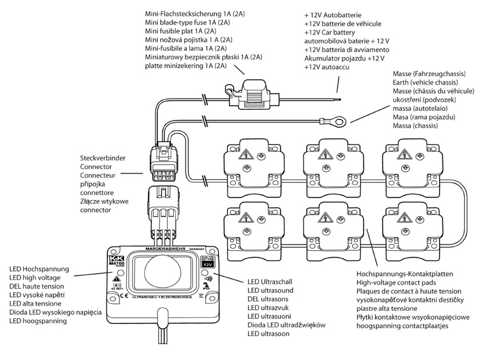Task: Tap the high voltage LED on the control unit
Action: click(x=116, y=270)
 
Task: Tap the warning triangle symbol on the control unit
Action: click(x=116, y=279)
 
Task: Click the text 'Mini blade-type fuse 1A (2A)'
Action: click(x=187, y=22)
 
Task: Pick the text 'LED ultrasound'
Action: click(x=270, y=290)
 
